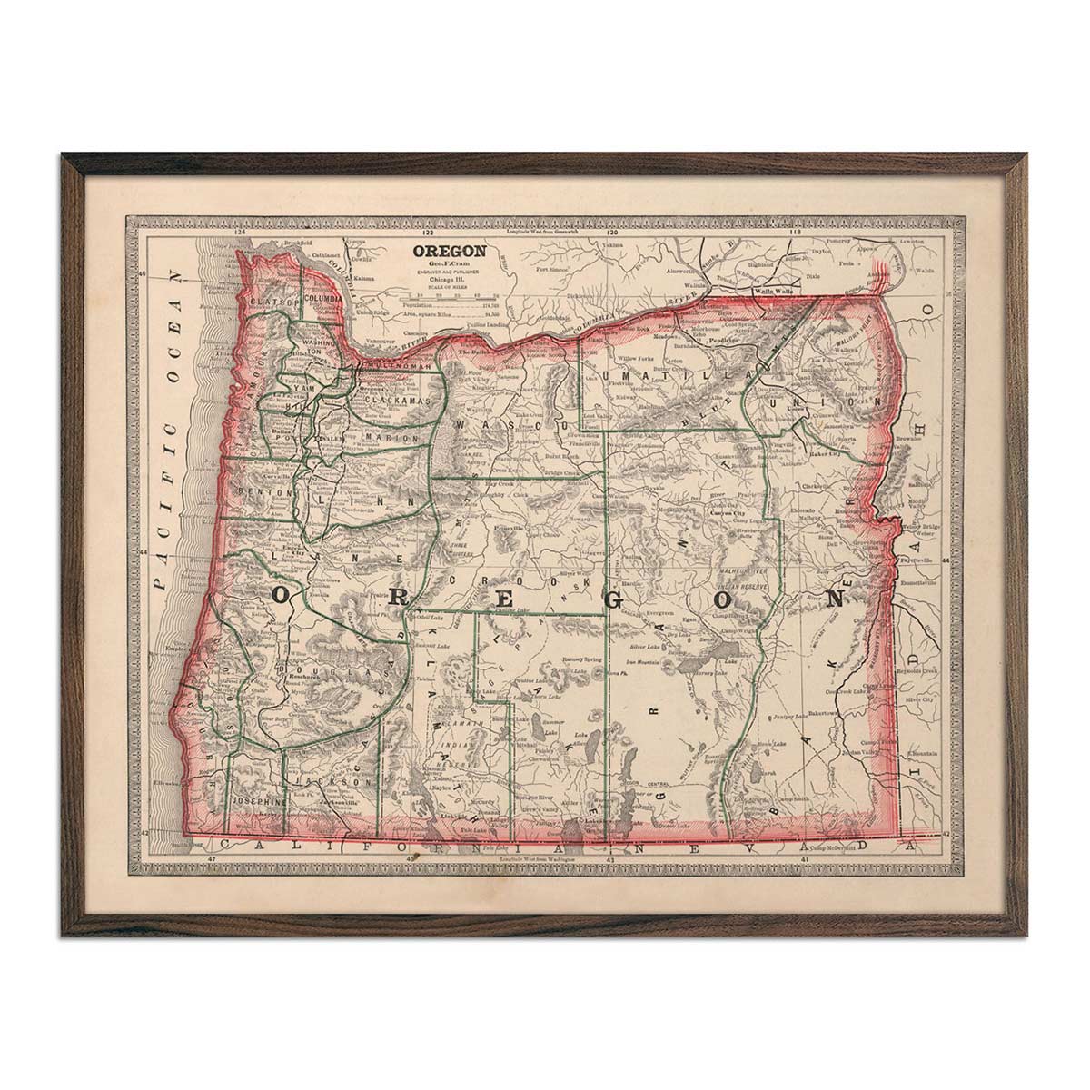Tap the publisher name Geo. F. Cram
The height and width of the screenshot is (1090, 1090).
449,263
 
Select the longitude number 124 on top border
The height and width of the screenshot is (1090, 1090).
241,233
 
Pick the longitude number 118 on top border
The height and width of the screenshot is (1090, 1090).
797,233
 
